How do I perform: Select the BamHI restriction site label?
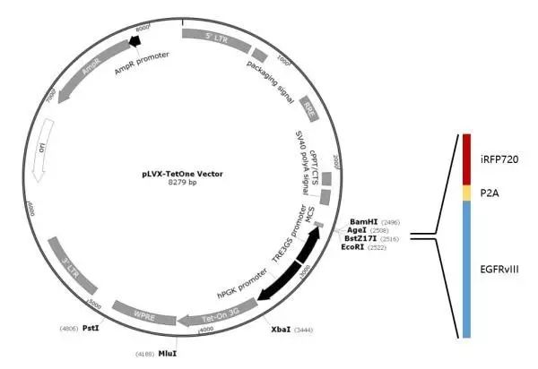pos(363,221)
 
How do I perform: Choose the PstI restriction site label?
pos(90,329)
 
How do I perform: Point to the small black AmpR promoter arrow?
pos(135,40)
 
